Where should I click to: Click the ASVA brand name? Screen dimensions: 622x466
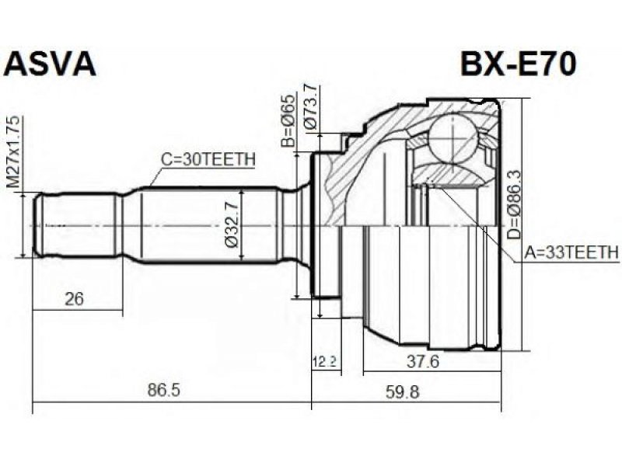[50, 64]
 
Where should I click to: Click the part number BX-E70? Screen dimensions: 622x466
[518, 64]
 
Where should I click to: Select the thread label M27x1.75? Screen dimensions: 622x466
[13, 152]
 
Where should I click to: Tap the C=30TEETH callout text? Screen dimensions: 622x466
[208, 159]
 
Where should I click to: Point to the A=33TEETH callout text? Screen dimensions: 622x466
[571, 252]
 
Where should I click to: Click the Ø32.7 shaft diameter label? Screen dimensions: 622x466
[232, 225]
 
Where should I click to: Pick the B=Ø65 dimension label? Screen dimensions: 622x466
[288, 121]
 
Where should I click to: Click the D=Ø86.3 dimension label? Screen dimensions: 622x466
[514, 205]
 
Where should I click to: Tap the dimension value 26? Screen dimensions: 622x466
[74, 298]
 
